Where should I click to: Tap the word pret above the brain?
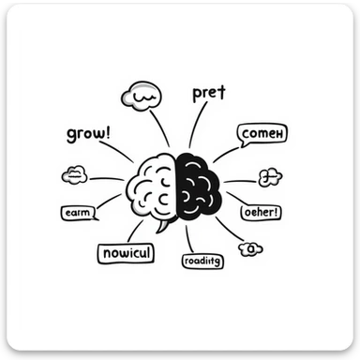[208, 94]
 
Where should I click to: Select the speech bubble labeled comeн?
[262, 135]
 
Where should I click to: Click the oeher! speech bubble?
[262, 212]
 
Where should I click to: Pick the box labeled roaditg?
[203, 260]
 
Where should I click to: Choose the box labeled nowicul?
[126, 253]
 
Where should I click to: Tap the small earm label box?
[77, 213]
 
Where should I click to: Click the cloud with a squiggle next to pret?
[142, 97]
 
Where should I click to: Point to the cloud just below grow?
[74, 175]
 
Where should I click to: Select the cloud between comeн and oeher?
[270, 176]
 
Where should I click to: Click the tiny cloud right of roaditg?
[250, 248]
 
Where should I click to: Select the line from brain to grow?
[118, 151]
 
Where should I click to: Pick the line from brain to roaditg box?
[189, 237]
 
